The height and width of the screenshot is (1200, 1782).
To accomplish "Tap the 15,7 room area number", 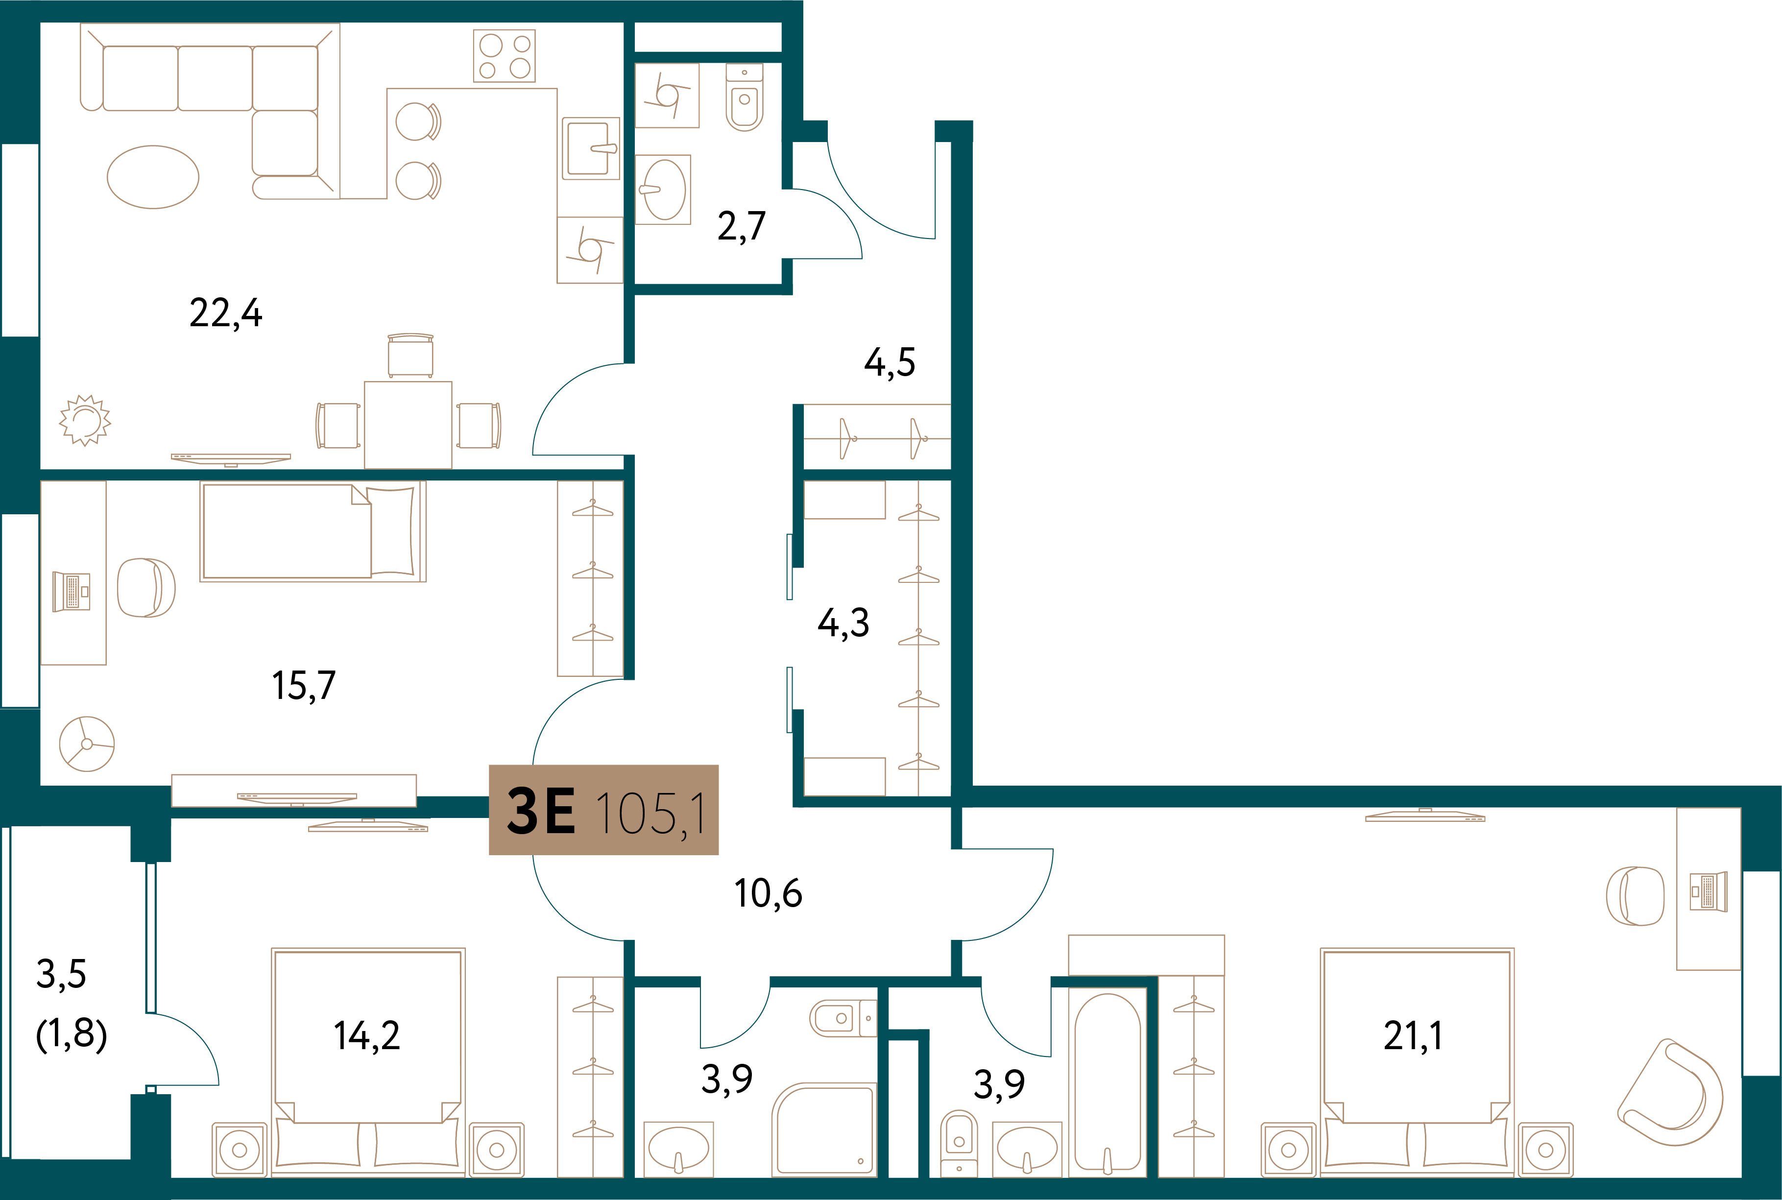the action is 304,686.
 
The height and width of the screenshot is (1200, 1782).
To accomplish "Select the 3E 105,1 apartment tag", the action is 603,810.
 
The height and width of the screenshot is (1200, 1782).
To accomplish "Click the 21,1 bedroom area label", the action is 1413,1036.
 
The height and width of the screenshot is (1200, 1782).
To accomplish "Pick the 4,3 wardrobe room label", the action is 843,623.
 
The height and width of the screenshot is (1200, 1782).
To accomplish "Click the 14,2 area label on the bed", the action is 366,1036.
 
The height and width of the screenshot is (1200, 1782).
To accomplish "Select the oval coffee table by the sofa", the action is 153,177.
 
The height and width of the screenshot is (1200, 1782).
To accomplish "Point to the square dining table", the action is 408,425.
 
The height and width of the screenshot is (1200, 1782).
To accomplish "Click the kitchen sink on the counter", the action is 591,148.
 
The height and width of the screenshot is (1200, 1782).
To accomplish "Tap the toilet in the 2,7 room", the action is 744,98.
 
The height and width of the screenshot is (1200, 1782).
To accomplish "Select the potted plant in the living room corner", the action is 85,420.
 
